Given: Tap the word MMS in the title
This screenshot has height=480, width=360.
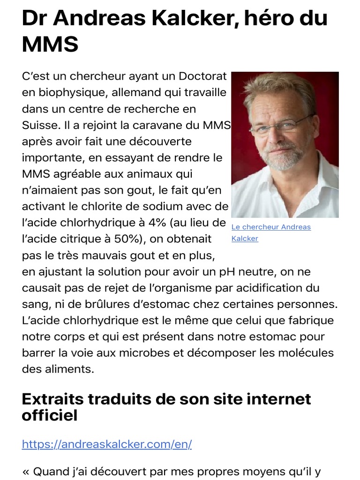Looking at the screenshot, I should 50,45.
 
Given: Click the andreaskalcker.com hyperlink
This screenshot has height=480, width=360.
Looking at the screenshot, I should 107,444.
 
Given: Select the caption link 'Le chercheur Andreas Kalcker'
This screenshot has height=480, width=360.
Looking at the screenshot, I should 271,232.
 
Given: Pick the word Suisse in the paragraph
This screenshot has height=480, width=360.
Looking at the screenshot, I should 39,125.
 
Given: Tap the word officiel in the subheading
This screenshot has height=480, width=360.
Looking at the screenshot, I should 50,415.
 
